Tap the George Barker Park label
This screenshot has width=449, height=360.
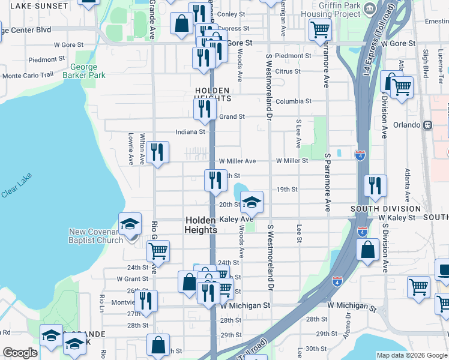click(88, 71)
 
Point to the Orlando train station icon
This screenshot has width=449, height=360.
click(427, 125)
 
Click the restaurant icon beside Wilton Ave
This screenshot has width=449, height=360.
click(157, 152)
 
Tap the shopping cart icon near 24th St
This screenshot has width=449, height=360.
click(158, 251)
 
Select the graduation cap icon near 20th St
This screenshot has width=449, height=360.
click(252, 202)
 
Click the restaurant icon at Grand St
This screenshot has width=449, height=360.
click(205, 109)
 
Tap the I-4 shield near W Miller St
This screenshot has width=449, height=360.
click(360, 155)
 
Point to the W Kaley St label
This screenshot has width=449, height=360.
click(396, 217)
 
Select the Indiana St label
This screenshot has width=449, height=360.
click(190, 131)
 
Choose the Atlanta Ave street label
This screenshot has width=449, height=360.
click(407, 184)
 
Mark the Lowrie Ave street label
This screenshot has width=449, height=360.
click(130, 149)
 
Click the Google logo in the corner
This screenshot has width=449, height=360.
click(20, 353)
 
